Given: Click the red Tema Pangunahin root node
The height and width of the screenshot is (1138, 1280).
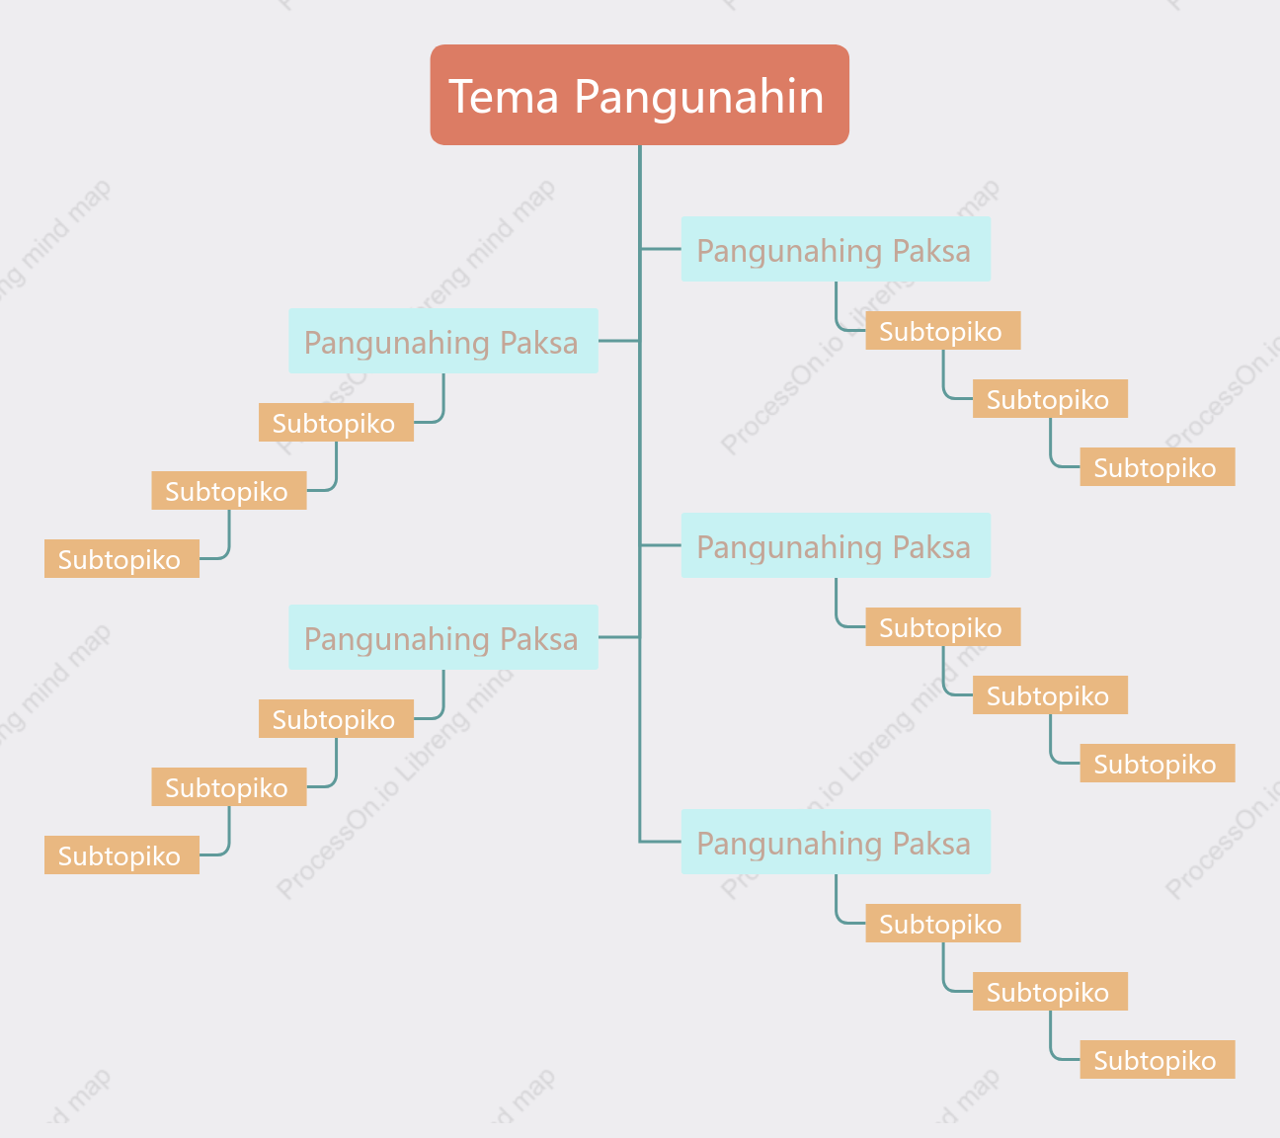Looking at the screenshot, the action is point(639,95).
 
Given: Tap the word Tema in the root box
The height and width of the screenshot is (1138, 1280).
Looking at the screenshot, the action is point(504,97).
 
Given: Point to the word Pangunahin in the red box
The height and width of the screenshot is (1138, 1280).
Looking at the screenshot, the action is point(698,98).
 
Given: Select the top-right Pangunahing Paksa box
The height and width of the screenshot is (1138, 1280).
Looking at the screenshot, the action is point(836,249).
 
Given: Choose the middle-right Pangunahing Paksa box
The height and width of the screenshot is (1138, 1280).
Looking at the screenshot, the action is point(836,545).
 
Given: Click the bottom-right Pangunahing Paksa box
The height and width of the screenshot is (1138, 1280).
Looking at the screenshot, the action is point(836,842).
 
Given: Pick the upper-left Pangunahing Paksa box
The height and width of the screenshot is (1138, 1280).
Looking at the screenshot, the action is point(443,341).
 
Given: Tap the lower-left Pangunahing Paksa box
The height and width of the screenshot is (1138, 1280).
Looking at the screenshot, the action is point(443,637).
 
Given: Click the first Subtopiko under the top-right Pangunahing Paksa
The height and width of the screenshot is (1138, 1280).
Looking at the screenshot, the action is point(943,331).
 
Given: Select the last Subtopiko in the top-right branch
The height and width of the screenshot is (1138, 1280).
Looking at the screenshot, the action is point(1158,467).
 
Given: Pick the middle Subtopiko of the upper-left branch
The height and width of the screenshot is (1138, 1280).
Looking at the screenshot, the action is point(229,490).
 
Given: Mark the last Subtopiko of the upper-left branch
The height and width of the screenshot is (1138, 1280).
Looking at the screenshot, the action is point(121,558).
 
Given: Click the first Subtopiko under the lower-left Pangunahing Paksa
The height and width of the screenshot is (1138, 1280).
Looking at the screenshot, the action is point(336,718).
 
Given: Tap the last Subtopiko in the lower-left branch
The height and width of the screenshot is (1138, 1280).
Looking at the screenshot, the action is point(121,854).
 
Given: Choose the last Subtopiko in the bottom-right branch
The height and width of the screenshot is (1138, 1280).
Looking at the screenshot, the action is point(1158,1060).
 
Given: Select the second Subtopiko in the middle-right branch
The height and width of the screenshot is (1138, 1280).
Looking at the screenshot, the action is point(1050,695).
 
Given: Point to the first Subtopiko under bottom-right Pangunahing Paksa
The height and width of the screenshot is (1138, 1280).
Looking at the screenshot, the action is point(943,924).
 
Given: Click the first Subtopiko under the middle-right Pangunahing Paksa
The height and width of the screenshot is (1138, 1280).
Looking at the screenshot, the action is point(943,627).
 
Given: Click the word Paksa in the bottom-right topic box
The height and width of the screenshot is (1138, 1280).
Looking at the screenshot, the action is point(931,844).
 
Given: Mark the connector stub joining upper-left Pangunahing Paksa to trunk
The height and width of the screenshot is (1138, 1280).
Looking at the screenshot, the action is point(619,341).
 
